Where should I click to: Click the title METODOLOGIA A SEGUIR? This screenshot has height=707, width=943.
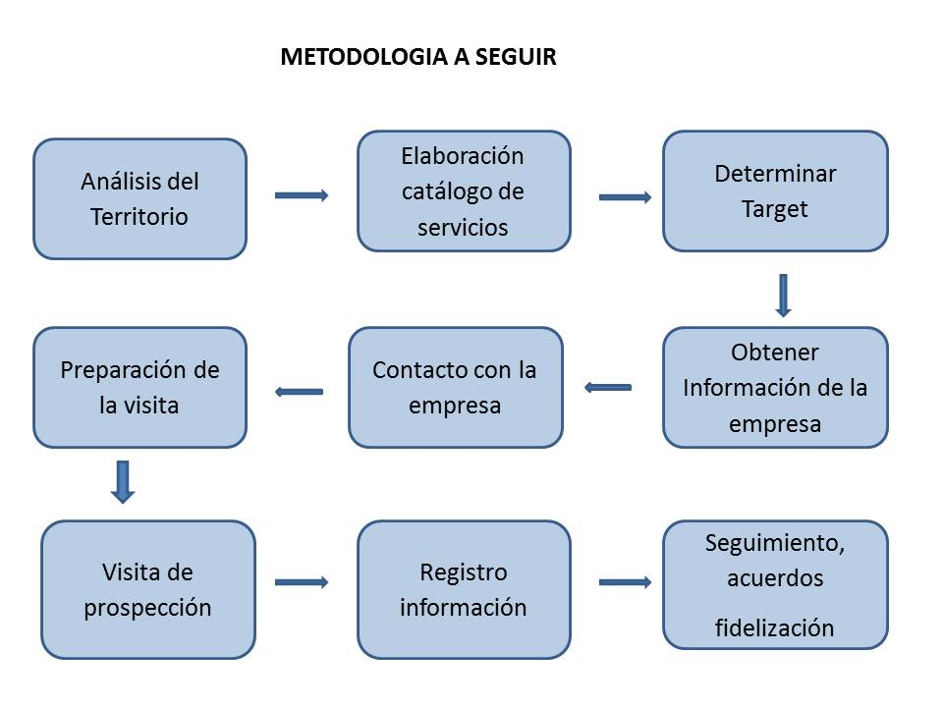(418, 57)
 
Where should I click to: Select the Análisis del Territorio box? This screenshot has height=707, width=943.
(140, 199)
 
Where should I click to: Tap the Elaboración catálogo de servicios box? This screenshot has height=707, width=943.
(464, 191)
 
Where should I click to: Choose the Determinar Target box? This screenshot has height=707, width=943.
(775, 191)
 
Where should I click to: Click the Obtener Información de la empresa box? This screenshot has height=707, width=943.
(775, 388)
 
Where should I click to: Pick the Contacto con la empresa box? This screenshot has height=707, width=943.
(456, 388)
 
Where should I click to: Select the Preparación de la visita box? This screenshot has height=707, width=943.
(140, 388)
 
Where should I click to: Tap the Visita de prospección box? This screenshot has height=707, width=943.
(148, 590)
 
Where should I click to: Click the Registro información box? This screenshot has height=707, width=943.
(464, 590)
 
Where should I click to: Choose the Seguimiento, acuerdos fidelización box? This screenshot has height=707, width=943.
(775, 585)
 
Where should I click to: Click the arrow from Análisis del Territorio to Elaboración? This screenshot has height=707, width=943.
(302, 195)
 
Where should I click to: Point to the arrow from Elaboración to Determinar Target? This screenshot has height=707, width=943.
(625, 197)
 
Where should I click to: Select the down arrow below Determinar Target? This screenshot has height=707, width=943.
(783, 296)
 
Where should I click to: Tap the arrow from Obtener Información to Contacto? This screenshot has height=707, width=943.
(608, 388)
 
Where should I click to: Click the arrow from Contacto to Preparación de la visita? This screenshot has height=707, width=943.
(299, 392)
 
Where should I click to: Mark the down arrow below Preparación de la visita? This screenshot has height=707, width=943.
(123, 482)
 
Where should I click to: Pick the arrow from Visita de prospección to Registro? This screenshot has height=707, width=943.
(302, 582)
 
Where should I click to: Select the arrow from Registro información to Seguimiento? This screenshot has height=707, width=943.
(625, 582)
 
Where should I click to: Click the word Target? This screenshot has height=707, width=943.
(775, 210)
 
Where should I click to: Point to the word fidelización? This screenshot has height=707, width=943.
(775, 627)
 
